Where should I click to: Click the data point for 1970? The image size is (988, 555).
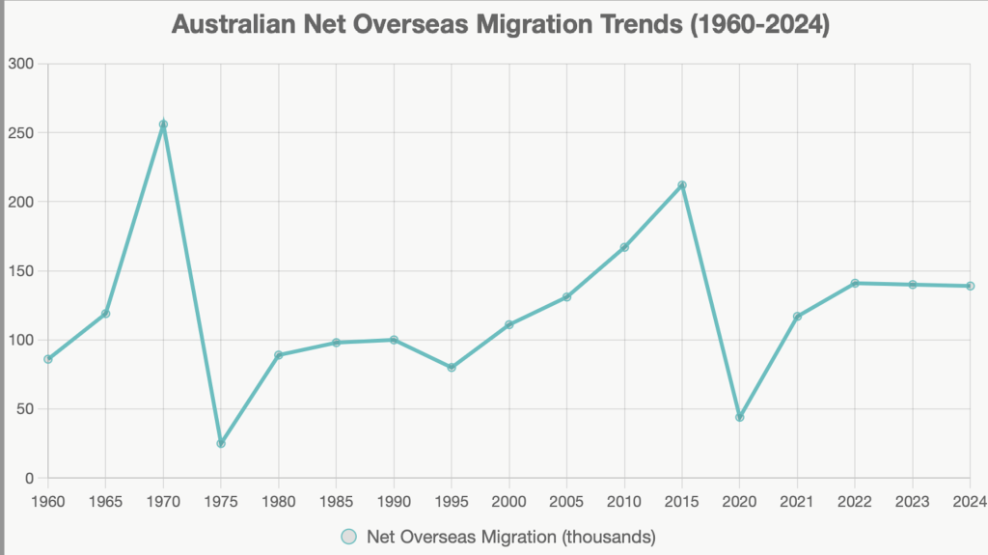[x=163, y=125]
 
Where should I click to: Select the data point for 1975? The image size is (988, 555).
[x=221, y=443]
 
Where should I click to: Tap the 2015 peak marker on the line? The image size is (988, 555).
[x=682, y=185]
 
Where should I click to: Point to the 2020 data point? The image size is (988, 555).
[x=740, y=417]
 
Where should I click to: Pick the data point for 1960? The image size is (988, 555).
[x=48, y=359]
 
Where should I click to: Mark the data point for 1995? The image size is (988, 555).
[x=452, y=367]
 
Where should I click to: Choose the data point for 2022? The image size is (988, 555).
[x=855, y=283]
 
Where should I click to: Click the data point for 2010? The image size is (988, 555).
[x=624, y=247]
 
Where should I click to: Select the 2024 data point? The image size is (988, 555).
[x=970, y=286]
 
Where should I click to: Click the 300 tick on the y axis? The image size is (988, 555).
[x=20, y=64]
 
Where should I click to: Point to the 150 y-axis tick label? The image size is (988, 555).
[x=20, y=271]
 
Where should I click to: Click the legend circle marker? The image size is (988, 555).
[x=349, y=537]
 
